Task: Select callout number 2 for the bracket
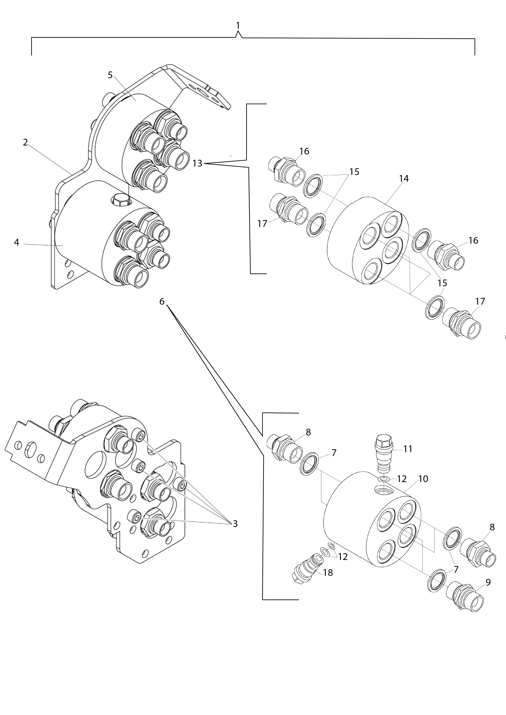pos(25,142)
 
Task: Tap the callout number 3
pos(235,524)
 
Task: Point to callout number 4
pos(17,242)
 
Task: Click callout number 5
pos(110,75)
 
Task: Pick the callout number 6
pos(162,301)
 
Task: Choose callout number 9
pos(488,582)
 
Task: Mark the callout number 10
pos(423,479)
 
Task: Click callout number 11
pos(408,449)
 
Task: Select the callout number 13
pos(197,163)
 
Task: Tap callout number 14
pos(404,178)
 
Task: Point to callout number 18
pos(328,572)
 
